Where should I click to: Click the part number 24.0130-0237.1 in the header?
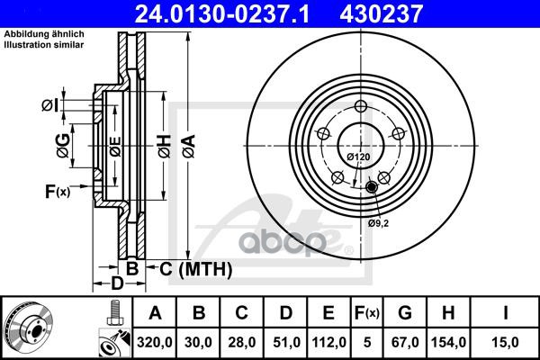tap(222, 13)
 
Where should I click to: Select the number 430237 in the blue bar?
tap(381, 13)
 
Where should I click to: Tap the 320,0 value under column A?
tap(154, 342)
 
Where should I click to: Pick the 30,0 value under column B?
tap(198, 342)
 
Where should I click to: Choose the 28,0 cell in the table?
tap(242, 342)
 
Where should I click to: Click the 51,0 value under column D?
tap(286, 342)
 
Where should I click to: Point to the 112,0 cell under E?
tap(328, 342)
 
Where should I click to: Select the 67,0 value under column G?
tap(405, 342)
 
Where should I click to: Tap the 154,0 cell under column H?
tap(448, 342)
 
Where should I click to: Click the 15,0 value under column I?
tap(505, 342)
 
